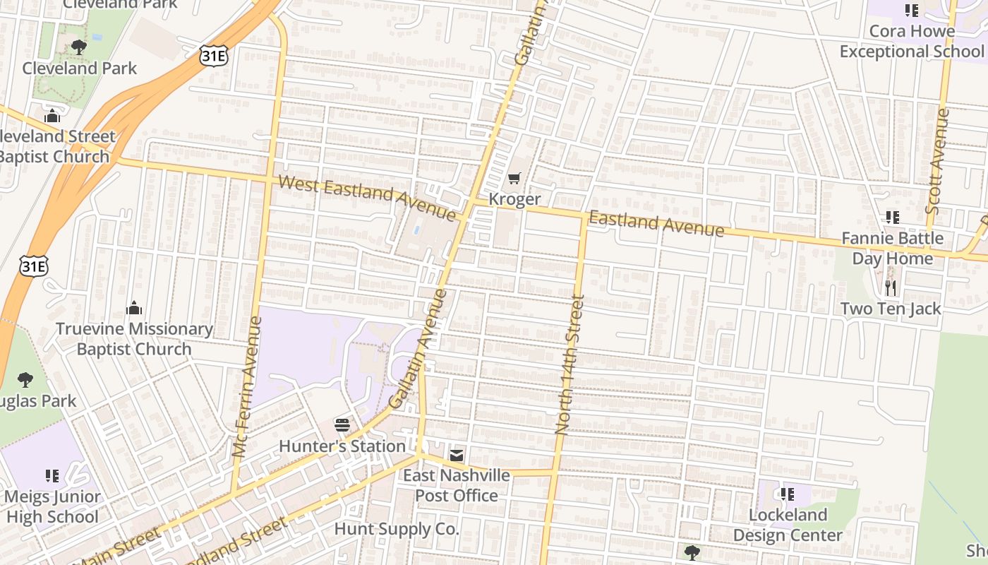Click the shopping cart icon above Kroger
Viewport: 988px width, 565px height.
(x=514, y=179)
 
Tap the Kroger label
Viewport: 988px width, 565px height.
(x=514, y=199)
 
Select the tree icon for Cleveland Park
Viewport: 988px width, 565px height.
(x=79, y=47)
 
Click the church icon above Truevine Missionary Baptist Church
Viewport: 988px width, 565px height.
(x=134, y=308)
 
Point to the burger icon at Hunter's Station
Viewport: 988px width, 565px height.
(x=342, y=425)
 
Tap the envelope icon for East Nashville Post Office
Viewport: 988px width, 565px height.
(x=457, y=455)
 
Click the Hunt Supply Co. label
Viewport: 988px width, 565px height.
(x=397, y=529)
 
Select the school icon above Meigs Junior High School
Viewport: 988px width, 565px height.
(x=52, y=475)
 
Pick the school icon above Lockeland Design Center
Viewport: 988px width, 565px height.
(x=787, y=494)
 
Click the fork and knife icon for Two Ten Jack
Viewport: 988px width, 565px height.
(x=891, y=287)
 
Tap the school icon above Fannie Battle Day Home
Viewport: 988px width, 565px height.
(x=893, y=218)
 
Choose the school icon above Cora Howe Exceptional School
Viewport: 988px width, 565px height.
(x=911, y=11)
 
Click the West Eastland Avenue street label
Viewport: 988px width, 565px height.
(x=367, y=197)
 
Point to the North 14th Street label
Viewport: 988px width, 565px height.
(x=570, y=364)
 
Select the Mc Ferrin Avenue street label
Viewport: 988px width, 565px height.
(x=247, y=386)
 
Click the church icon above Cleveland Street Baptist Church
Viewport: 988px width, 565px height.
(x=52, y=116)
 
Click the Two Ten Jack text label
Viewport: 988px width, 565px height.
(x=891, y=309)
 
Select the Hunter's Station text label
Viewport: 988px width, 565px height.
(x=342, y=446)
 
